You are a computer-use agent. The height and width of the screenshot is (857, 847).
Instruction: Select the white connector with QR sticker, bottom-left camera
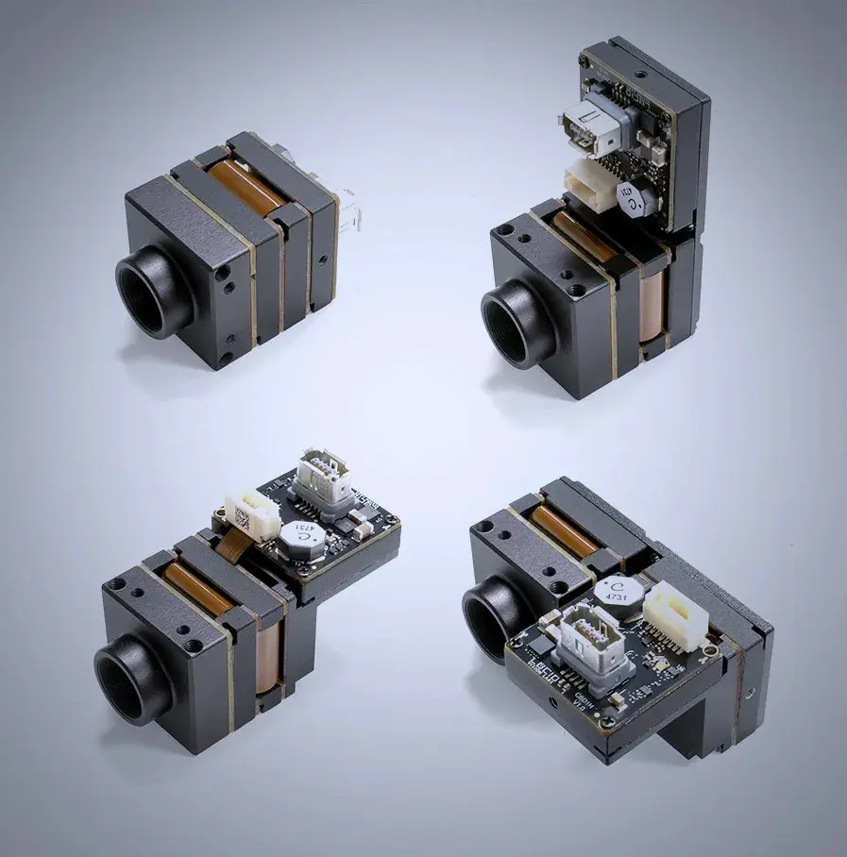click(251, 514)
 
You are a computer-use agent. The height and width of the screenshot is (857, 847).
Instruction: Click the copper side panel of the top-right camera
click(652, 307)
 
